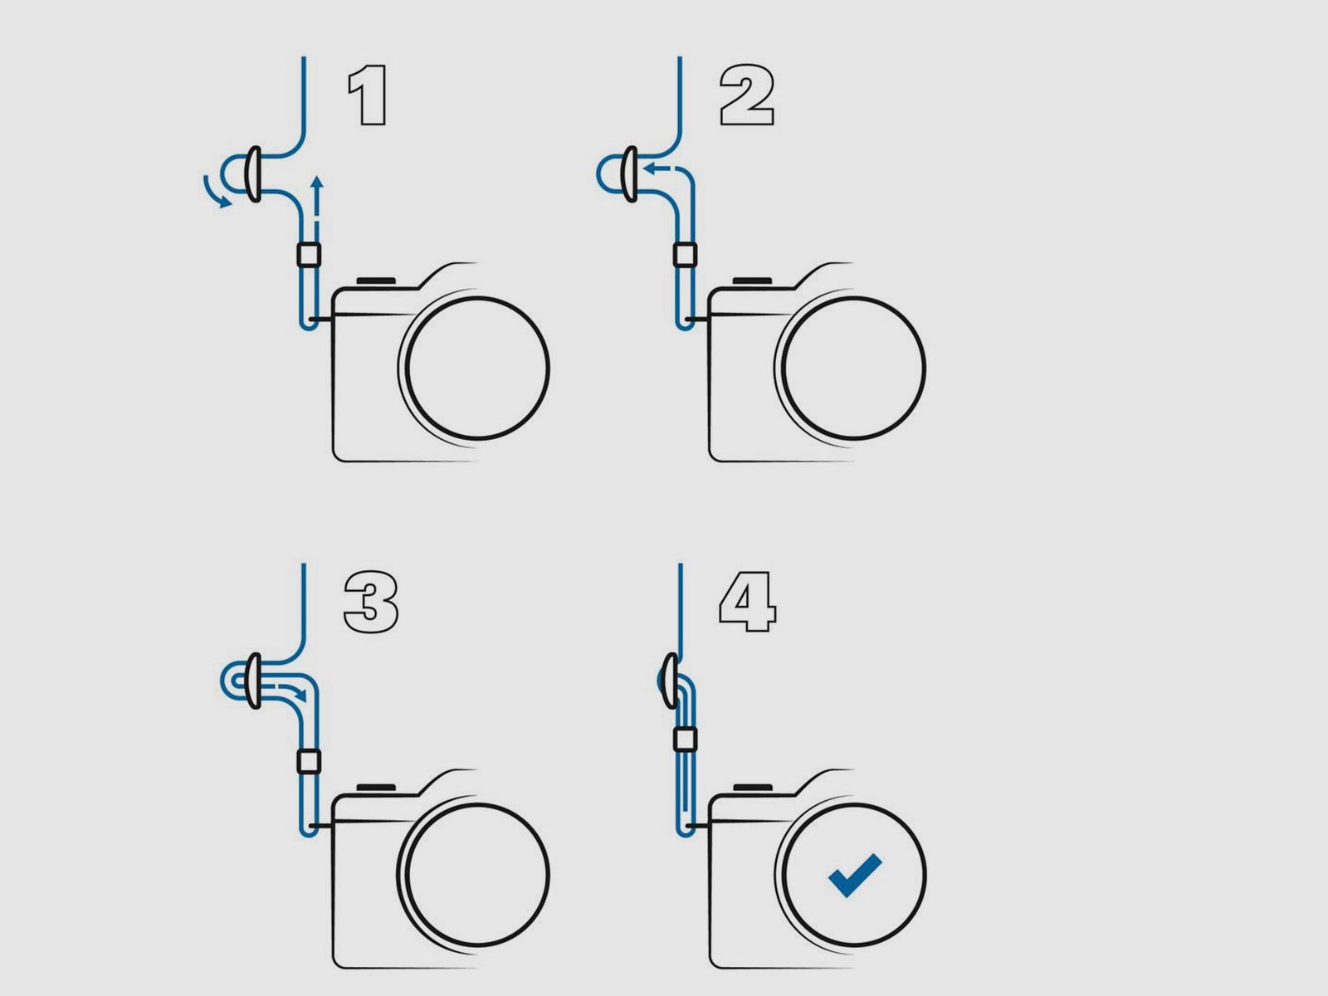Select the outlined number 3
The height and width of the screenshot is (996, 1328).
(x=370, y=603)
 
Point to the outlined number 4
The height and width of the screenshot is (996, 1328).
(x=747, y=603)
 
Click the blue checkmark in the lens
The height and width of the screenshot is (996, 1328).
(x=854, y=874)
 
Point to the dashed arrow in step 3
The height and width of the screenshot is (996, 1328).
(x=292, y=692)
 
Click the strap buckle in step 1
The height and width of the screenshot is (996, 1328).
(x=253, y=174)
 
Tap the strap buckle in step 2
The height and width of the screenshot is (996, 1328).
(x=630, y=174)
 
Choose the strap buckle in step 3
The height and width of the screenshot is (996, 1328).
(x=253, y=681)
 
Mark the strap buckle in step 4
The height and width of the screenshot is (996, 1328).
(x=671, y=681)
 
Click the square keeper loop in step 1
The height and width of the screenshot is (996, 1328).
(x=309, y=254)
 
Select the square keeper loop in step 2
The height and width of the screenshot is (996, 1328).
(x=685, y=254)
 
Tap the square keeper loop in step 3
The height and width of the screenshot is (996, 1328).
(x=309, y=761)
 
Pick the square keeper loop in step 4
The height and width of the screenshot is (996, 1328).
(x=685, y=739)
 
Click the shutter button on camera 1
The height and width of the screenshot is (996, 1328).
(x=376, y=281)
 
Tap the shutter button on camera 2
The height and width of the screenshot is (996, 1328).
(x=752, y=281)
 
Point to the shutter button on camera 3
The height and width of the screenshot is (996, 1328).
(x=376, y=788)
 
